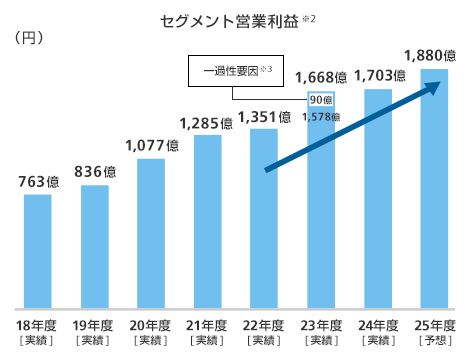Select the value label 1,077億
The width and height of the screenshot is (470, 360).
tap(152, 146)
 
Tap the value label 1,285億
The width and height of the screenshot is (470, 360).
tap(207, 123)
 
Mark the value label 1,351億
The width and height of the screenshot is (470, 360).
tap(264, 116)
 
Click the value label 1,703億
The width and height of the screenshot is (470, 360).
tap(378, 76)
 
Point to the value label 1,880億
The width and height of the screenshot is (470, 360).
tap(432, 55)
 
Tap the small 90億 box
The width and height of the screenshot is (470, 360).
tap(321, 101)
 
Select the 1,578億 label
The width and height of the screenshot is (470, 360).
tap(321, 116)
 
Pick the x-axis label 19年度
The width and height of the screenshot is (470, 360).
tap(94, 326)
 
